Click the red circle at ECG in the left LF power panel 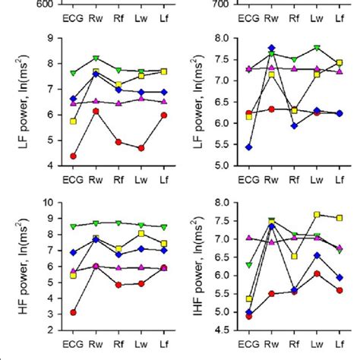(x=73, y=156)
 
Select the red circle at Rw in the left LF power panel (x=96, y=112)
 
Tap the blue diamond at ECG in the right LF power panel (x=250, y=147)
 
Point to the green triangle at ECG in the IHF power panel (x=250, y=265)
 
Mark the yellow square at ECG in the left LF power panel (x=73, y=122)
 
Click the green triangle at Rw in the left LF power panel (x=96, y=58)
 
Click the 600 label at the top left (x=47, y=4)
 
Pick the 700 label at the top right (x=223, y=4)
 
